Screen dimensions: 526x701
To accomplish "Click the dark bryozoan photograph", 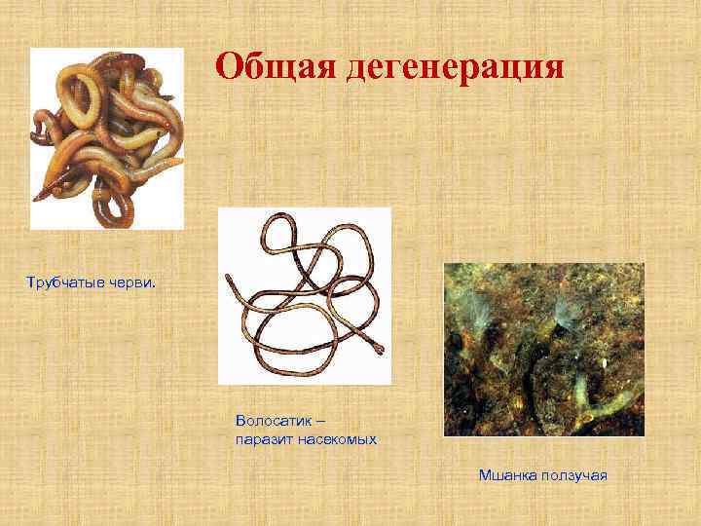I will [x=543, y=349].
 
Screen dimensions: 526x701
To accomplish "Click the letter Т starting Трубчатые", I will [x=30, y=284].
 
